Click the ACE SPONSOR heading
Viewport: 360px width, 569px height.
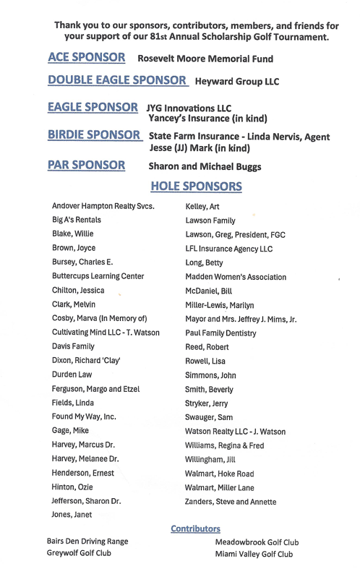coord(86,56)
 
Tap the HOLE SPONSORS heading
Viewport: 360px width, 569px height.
coord(195,187)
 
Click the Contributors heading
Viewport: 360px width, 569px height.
coord(195,529)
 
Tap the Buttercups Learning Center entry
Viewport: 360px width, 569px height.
coord(98,276)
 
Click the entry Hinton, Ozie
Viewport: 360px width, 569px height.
coord(73,487)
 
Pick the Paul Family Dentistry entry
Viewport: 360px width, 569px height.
coord(220,332)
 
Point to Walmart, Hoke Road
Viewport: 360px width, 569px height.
coord(217,473)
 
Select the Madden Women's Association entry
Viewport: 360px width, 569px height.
coord(236,276)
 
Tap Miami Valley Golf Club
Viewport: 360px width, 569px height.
coord(254,555)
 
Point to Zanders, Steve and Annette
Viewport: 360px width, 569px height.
coord(231,501)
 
